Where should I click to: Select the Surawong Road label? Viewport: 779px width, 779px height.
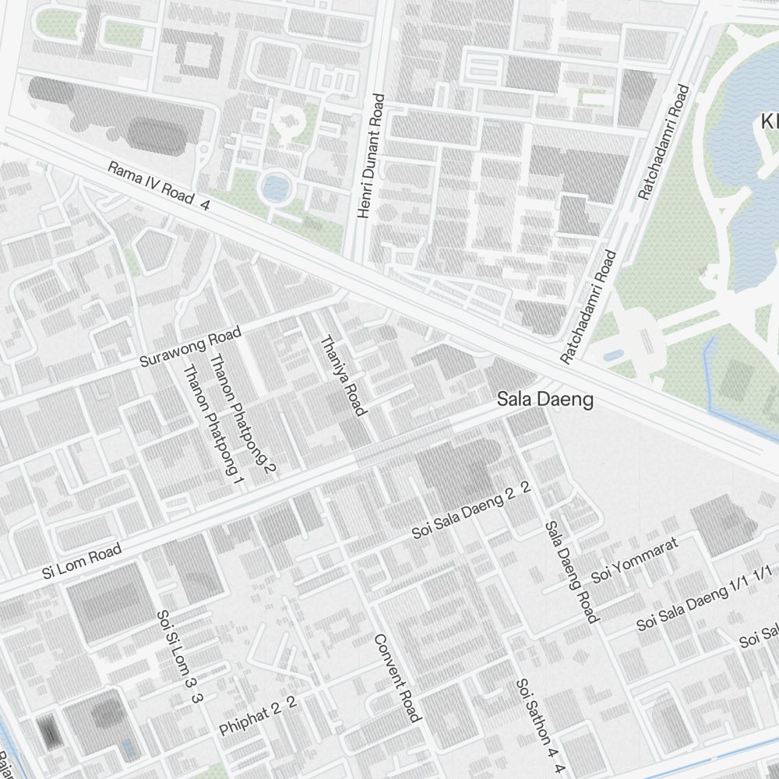[190, 348]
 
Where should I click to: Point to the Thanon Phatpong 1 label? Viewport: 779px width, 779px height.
[212, 425]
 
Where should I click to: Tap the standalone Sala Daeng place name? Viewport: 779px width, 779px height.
[545, 400]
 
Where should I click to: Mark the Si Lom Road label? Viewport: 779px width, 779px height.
[82, 562]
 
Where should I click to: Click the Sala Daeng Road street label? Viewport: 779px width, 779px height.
[570, 572]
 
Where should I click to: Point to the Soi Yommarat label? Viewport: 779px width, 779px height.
[635, 560]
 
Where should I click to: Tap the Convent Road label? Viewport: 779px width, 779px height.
[397, 678]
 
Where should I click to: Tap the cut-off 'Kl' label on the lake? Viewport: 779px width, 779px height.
[769, 122]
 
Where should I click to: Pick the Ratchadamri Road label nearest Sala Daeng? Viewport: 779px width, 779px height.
[588, 306]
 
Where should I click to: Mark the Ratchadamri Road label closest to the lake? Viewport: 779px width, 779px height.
[663, 142]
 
